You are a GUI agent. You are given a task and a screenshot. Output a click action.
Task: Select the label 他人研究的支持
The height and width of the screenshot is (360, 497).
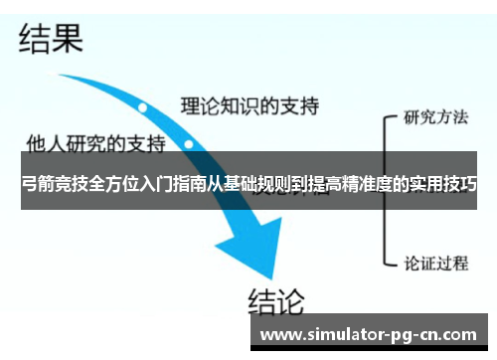click(x=95, y=142)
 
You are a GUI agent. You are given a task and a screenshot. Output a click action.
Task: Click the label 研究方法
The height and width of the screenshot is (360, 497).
click(x=435, y=117)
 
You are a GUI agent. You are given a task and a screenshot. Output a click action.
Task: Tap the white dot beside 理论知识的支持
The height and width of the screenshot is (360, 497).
click(x=143, y=106)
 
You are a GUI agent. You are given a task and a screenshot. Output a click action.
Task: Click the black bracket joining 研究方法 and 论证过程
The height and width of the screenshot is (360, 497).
click(x=386, y=189)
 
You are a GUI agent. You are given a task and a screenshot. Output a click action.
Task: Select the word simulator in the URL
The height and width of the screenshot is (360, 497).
click(x=339, y=334)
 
